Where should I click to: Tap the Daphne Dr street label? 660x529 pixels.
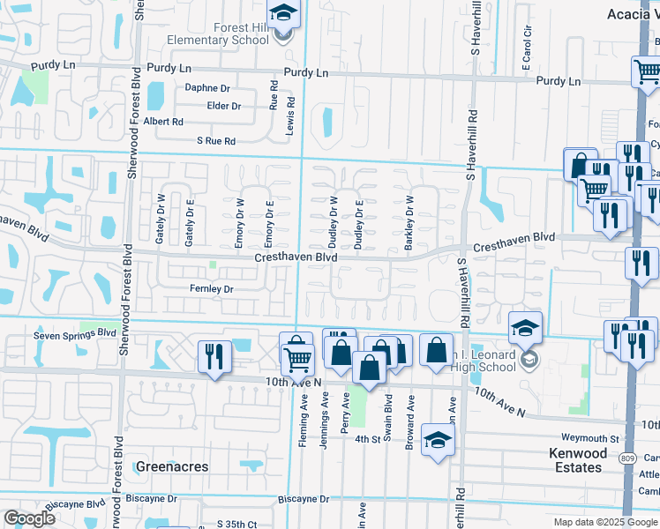point(206,88)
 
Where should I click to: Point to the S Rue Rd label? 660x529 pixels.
point(216,141)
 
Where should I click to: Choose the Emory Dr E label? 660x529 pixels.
point(270,224)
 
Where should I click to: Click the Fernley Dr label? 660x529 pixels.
point(211,288)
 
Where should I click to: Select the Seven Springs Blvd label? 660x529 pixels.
point(75,334)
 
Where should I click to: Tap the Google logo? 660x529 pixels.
point(29,518)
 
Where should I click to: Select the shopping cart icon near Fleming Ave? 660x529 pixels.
point(298,358)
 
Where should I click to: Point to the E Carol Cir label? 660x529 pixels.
point(528,42)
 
